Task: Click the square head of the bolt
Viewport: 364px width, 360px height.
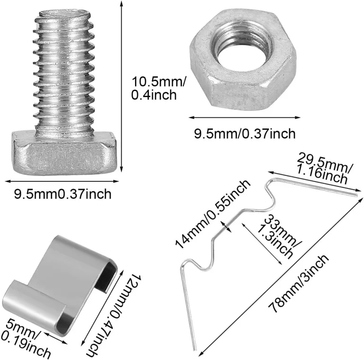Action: tap(64, 153)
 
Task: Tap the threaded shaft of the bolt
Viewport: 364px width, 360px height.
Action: tap(64, 72)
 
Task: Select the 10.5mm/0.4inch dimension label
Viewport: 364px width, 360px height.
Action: tap(159, 89)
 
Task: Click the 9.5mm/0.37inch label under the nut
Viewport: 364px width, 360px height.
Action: tap(245, 134)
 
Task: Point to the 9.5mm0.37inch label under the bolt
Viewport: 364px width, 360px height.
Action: tap(63, 194)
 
